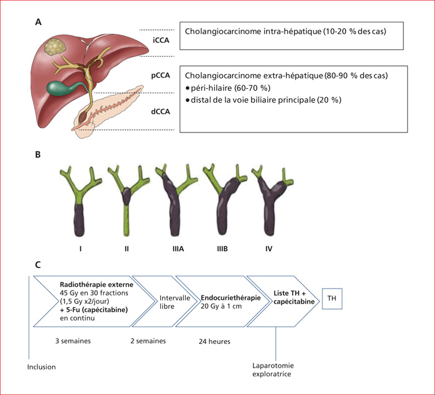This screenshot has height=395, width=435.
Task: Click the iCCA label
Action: tap(161, 40)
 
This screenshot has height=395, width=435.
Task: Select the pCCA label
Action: tap(160, 75)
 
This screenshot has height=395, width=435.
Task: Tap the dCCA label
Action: tap(160, 111)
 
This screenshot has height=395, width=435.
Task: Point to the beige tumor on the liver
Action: tap(55, 46)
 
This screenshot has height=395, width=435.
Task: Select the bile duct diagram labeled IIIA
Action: tap(176, 200)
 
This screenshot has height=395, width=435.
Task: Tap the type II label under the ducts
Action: tap(127, 249)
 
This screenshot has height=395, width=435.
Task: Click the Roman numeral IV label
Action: tap(268, 249)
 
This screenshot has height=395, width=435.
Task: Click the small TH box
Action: tap(332, 299)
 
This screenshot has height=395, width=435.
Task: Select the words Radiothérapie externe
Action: tap(96, 285)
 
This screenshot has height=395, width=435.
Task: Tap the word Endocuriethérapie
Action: tap(231, 298)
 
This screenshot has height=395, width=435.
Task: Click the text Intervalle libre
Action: tap(175, 302)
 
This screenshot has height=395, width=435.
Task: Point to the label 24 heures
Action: tap(214, 342)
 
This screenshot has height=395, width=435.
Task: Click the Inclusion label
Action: tap(42, 367)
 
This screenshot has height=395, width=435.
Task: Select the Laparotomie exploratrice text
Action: tap(273, 369)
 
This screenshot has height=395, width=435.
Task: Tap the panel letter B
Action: tap(38, 154)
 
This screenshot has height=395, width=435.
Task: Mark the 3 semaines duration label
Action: tap(73, 341)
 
